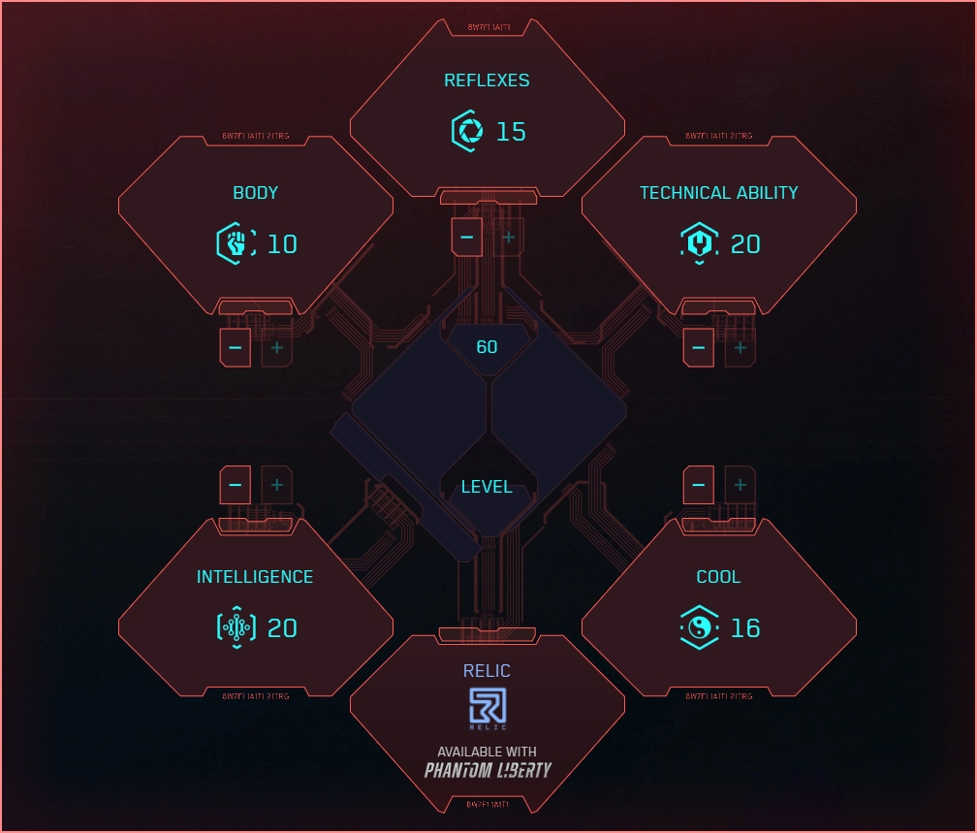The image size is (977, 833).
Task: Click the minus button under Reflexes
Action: tap(466, 237)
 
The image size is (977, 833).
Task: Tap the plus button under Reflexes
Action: tap(509, 237)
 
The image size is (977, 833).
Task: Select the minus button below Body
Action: tap(236, 347)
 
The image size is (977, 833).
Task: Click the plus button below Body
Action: tap(277, 347)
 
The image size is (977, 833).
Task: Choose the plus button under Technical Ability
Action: tap(741, 347)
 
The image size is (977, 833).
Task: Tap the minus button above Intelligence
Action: tap(236, 484)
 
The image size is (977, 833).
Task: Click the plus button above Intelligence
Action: tap(277, 484)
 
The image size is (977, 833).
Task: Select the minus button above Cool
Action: tap(699, 484)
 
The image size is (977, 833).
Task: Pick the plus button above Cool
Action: tap(741, 484)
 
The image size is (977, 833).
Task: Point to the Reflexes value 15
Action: tap(511, 131)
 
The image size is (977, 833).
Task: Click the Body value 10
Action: tap(281, 243)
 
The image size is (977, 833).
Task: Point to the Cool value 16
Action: tap(744, 627)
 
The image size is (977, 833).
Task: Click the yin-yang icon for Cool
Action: tap(699, 627)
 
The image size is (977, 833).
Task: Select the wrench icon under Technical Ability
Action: tap(699, 243)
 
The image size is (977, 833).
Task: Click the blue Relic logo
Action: tap(488, 707)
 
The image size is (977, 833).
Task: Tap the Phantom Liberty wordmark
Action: tap(488, 770)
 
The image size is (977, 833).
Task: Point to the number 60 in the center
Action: tap(487, 346)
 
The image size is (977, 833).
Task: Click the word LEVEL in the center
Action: tap(487, 487)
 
